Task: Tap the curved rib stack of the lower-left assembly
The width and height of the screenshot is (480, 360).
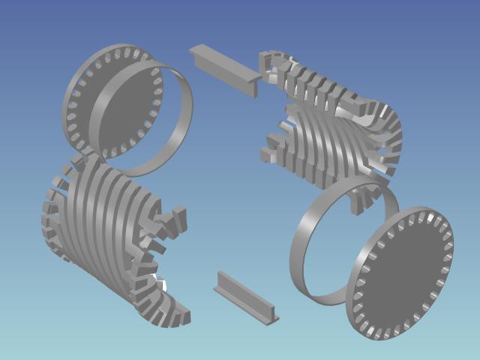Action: click(x=105, y=217)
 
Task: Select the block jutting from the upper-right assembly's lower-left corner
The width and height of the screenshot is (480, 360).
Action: click(x=270, y=154)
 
